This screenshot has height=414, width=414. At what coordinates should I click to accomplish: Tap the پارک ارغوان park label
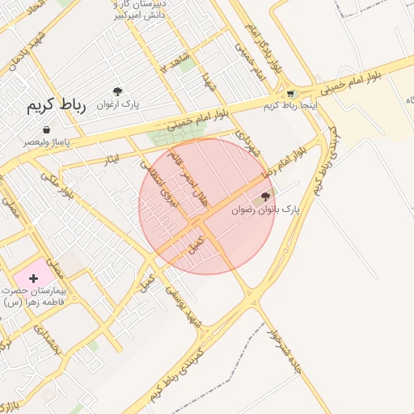point(120,104)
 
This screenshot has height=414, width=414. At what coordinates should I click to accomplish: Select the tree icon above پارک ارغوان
point(118,92)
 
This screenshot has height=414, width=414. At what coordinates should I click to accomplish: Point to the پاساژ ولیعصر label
point(46,142)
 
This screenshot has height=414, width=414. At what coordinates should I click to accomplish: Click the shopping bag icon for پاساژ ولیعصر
point(46,129)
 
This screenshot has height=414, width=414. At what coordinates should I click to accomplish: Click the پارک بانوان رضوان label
point(265,209)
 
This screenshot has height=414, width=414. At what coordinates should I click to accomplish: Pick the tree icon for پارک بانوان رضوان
point(266,196)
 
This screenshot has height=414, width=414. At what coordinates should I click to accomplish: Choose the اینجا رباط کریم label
point(290,105)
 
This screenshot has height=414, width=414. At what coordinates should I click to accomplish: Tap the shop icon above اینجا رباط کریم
point(291,94)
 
